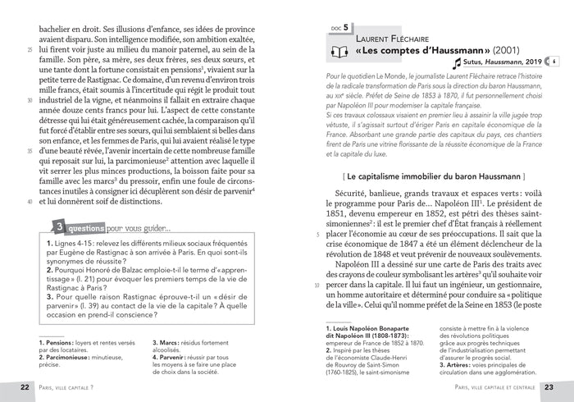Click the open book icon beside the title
click(338, 53)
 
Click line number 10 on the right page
click(317, 286)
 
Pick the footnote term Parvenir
click(173, 358)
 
